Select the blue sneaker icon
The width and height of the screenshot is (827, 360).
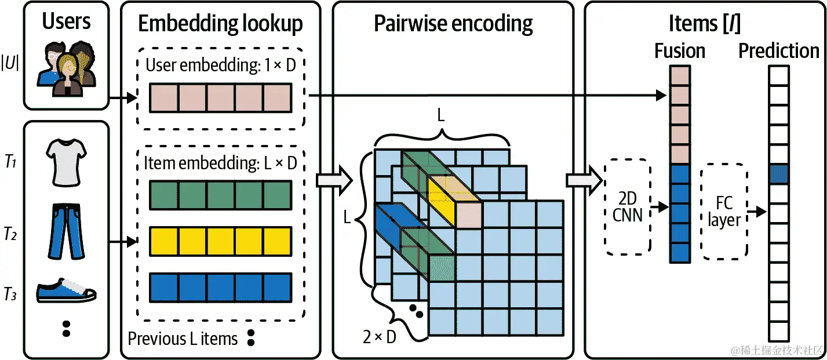pos(66,290)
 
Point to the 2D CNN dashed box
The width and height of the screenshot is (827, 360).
pos(628,207)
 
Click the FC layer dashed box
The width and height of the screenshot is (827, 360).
pos(724,212)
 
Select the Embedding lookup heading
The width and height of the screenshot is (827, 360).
pos(220,24)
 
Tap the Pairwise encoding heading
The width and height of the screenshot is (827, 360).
pos(453,24)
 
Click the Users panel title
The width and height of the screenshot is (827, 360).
pos(66,21)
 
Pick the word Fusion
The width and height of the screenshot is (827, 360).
pos(680,51)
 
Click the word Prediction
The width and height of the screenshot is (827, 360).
pos(778,51)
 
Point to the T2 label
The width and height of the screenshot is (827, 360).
pos(10,234)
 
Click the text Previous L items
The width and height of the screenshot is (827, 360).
pos(183,339)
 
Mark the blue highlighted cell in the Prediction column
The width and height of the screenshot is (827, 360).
pos(778,174)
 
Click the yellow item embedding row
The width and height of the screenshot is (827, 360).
pos(220,242)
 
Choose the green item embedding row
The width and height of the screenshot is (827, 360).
pos(220,195)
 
